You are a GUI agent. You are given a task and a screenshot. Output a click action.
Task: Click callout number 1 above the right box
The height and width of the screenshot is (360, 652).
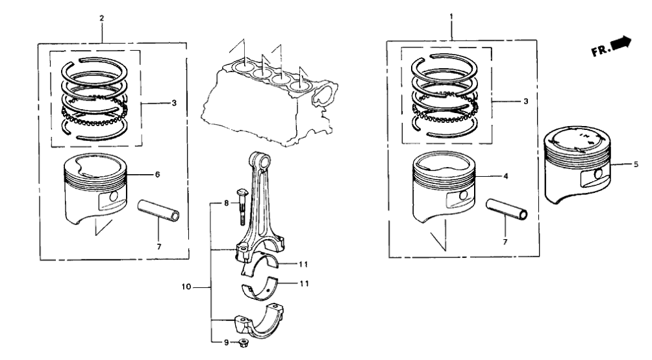[452, 15]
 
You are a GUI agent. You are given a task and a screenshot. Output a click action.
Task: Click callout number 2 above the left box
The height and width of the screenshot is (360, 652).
[101, 18]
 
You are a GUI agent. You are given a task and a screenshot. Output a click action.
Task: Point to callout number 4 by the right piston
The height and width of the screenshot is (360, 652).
[506, 176]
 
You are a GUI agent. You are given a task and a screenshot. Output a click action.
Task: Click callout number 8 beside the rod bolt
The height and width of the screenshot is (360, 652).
[227, 203]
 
